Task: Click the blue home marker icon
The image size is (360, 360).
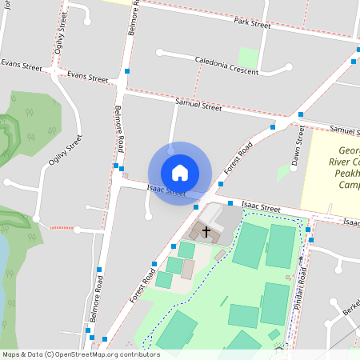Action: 180,173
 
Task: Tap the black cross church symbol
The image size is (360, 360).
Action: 206,232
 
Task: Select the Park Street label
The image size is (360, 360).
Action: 252,23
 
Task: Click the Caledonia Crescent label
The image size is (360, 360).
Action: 226,66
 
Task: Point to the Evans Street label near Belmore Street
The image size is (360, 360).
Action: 87,78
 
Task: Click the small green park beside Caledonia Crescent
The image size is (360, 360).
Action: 248,58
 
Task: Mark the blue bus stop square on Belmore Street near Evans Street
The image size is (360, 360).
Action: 127,72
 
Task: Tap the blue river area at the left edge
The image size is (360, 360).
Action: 3,256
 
